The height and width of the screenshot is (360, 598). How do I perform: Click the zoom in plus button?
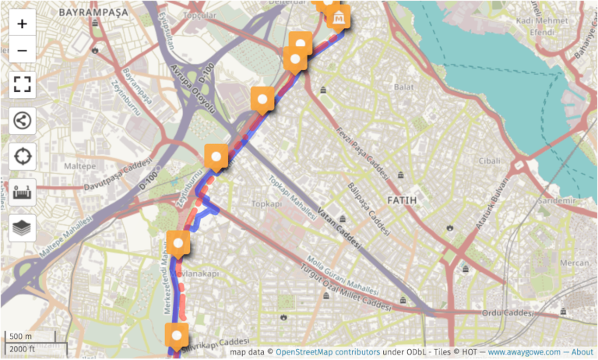click(x=22, y=23)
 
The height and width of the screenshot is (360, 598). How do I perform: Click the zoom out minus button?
click(x=22, y=51)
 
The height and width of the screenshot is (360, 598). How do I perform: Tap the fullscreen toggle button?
click(x=22, y=84)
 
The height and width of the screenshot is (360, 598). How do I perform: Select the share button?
click(x=22, y=121)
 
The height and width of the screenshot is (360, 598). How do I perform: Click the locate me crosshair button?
click(x=22, y=157)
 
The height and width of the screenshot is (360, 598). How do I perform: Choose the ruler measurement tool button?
click(x=22, y=192)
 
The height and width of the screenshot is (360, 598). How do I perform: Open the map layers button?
click(x=22, y=228)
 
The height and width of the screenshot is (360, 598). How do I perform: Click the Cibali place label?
click(x=489, y=160)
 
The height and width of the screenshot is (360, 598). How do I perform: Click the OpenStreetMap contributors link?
click(x=328, y=352)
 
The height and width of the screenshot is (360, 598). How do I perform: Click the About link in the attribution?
click(x=582, y=352)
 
